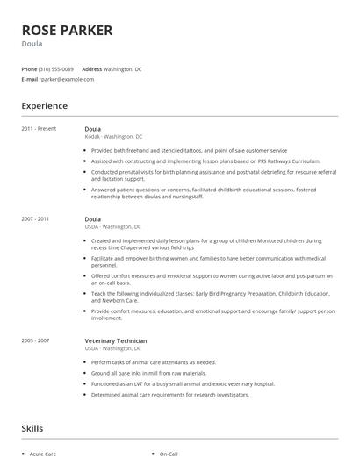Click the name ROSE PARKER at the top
coord(67,31)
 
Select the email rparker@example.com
coord(67,79)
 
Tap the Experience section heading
coord(44,106)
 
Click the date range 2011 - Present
coord(39,129)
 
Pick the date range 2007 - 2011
coord(36,218)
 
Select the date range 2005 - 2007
coord(36,340)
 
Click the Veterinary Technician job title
coord(116,340)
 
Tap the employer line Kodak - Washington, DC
coord(113,137)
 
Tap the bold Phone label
coord(29,68)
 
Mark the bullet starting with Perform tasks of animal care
coord(153,361)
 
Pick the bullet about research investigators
coord(169,394)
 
